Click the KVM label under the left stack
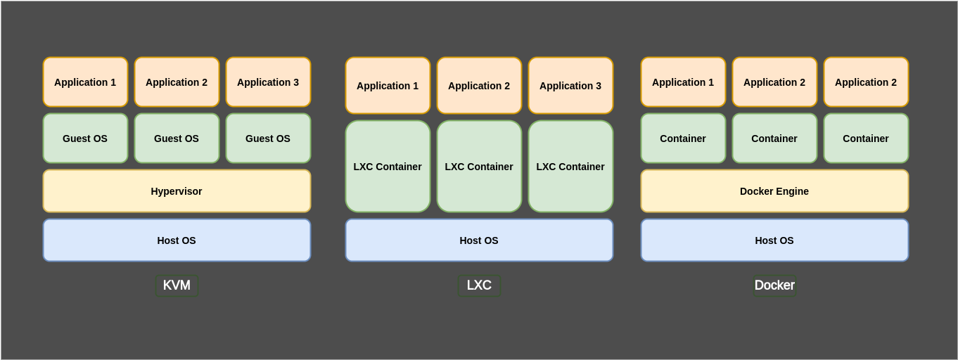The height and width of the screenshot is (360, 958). [177, 285]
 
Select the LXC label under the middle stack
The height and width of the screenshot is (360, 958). [479, 285]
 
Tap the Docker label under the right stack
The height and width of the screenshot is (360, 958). [774, 285]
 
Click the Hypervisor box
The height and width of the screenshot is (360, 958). [177, 191]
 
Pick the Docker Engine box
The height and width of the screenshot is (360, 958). [774, 191]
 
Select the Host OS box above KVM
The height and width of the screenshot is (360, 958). [177, 240]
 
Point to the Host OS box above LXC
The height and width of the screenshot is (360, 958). [479, 240]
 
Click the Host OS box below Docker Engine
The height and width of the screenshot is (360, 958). [774, 240]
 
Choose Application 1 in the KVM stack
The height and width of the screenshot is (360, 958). [85, 82]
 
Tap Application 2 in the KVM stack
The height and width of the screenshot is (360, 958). [177, 82]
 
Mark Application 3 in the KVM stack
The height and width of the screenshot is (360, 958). [268, 82]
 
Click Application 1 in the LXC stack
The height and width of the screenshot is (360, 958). [388, 86]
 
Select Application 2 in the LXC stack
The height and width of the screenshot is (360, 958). [479, 86]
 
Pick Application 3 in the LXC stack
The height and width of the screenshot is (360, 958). [570, 86]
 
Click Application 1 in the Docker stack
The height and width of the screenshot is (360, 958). [683, 82]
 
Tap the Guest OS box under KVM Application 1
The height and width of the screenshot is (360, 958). [85, 139]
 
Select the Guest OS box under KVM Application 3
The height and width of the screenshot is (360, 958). [268, 139]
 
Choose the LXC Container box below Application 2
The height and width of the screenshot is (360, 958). [479, 167]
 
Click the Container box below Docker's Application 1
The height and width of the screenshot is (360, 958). [683, 139]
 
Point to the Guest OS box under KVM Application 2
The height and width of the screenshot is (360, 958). [177, 139]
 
